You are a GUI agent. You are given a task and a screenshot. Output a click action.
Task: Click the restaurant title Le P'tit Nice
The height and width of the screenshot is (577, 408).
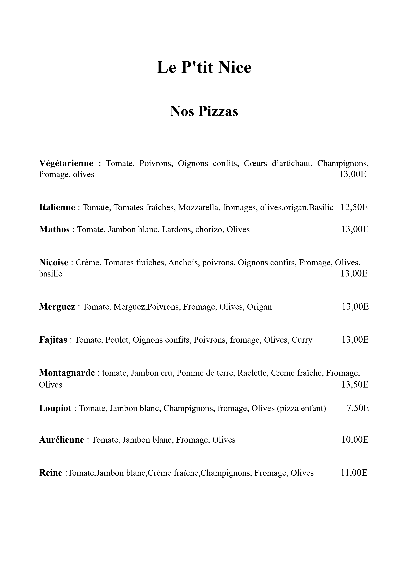point(204,67)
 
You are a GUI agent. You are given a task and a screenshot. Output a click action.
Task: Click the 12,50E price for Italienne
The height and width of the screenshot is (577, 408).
point(354,207)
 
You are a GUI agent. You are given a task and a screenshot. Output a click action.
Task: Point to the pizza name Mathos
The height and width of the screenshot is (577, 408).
point(54,229)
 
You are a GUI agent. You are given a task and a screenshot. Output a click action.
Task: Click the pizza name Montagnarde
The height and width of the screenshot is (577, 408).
point(67,373)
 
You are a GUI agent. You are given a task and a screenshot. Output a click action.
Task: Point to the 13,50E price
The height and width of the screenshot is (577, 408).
point(355,385)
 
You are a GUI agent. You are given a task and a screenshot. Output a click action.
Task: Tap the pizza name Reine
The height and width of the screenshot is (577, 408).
point(50,473)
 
